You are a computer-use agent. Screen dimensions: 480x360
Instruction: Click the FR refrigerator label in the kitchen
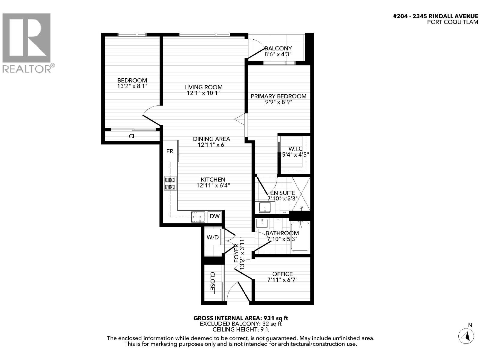[170, 151]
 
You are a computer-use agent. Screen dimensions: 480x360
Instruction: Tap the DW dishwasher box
[214, 217]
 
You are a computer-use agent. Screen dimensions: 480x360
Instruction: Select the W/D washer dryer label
[213, 237]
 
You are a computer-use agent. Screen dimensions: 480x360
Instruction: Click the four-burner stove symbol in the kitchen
[170, 184]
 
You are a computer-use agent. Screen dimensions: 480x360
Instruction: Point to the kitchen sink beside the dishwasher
[198, 217]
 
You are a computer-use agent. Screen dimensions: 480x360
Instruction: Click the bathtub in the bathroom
[300, 236]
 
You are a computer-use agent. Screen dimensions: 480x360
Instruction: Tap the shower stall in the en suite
[301, 194]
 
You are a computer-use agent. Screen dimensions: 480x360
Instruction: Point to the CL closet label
[132, 136]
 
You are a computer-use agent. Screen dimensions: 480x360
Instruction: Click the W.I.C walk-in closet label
[295, 149]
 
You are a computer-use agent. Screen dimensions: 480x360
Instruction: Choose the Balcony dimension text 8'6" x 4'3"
[278, 54]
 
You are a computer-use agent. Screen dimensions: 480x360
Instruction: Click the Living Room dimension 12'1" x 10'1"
[203, 93]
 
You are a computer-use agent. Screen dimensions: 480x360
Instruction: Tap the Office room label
[283, 274]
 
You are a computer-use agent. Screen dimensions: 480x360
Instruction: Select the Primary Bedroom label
[278, 96]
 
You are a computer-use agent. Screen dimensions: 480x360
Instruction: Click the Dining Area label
[211, 139]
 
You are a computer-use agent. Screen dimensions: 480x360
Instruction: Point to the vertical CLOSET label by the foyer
[212, 283]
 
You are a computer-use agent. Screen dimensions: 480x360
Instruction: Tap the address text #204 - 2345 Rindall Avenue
[436, 16]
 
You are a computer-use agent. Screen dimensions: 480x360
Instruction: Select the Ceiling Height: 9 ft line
[241, 329]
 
